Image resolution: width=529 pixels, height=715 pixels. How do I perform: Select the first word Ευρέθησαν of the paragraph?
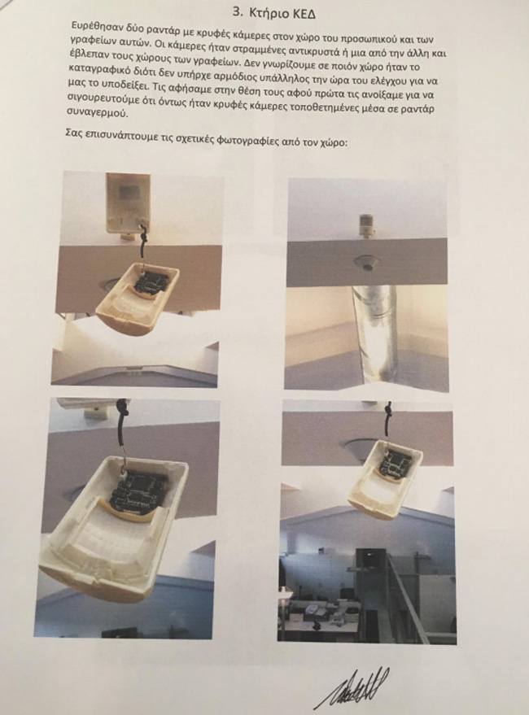coord(94,24)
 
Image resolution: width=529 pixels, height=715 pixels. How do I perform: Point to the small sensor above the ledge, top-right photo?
coord(365,225)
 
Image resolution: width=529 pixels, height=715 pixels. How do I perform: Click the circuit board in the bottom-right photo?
coord(392,463)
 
